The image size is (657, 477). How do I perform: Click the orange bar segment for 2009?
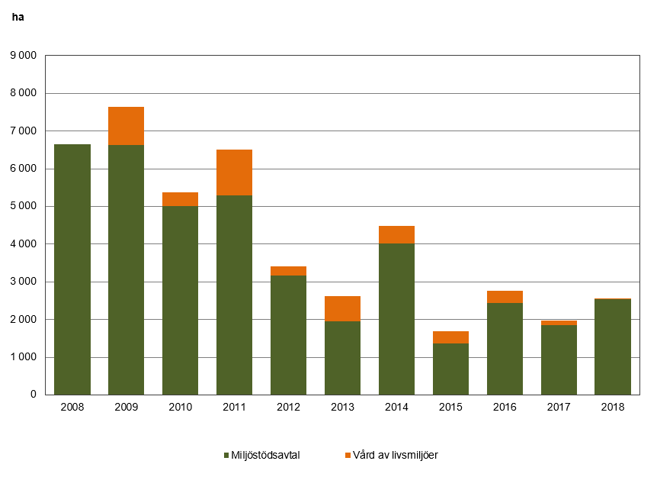coord(126,126)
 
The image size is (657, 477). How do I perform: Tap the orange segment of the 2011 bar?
coord(234,172)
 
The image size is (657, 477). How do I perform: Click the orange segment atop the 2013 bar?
coord(342,308)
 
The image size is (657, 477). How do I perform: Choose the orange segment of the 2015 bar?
coord(450,337)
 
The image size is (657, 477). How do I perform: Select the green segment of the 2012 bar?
coord(288,335)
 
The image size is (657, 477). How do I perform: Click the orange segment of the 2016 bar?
coord(505,297)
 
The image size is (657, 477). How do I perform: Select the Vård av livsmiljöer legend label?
coord(395,456)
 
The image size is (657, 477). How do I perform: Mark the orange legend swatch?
coord(348,456)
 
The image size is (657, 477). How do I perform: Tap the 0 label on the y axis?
coord(33,395)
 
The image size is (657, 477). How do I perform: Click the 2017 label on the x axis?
coord(559,408)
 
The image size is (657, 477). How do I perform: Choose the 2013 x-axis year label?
coord(342,408)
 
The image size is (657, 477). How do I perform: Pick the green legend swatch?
coord(226,456)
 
